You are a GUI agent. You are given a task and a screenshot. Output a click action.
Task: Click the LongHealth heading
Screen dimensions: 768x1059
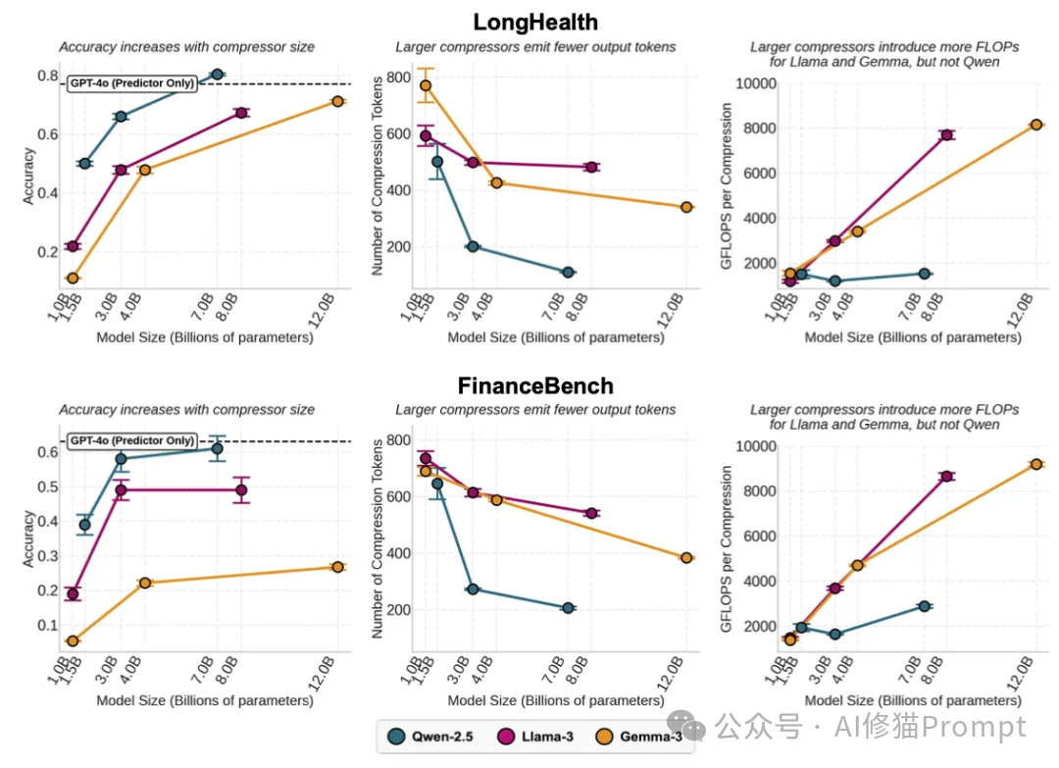(534, 22)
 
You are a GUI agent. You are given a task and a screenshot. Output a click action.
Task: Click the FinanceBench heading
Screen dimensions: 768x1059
(534, 385)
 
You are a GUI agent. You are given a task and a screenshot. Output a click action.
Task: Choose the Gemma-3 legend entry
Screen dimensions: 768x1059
(644, 738)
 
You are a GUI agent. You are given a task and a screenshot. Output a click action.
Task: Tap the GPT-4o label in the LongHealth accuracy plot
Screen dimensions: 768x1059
(131, 83)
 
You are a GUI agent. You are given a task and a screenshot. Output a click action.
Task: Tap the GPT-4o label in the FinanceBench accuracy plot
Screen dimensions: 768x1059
(131, 441)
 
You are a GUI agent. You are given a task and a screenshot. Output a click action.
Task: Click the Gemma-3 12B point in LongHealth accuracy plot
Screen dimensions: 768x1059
(337, 101)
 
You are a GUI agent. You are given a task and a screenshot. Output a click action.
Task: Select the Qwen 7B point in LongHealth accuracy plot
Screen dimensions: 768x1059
(218, 75)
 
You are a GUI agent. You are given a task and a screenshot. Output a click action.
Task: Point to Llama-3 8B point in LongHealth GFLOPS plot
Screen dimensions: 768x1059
(947, 135)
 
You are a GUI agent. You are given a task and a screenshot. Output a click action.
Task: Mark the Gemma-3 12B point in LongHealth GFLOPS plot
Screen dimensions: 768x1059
(1036, 125)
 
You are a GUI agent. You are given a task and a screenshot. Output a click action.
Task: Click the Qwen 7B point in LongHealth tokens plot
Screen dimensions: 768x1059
(568, 272)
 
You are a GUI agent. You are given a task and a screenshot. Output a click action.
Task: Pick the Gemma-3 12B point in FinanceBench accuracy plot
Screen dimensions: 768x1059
(337, 567)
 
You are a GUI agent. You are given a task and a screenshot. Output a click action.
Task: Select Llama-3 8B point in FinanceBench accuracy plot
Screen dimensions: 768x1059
(241, 489)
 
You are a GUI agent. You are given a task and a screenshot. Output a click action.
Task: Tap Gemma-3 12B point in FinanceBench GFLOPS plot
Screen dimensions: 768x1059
(1036, 464)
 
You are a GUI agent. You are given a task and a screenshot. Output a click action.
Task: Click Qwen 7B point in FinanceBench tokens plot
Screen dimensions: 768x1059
(568, 608)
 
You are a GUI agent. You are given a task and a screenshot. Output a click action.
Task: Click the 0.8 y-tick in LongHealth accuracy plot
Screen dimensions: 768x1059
(46, 76)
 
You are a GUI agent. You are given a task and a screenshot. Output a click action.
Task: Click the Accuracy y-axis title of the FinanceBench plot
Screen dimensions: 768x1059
(28, 538)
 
